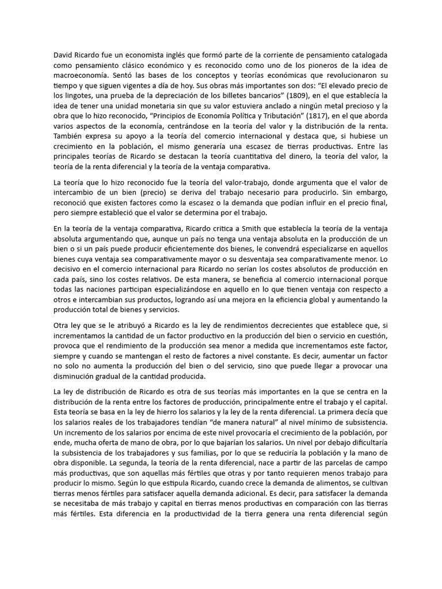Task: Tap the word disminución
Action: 78,376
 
